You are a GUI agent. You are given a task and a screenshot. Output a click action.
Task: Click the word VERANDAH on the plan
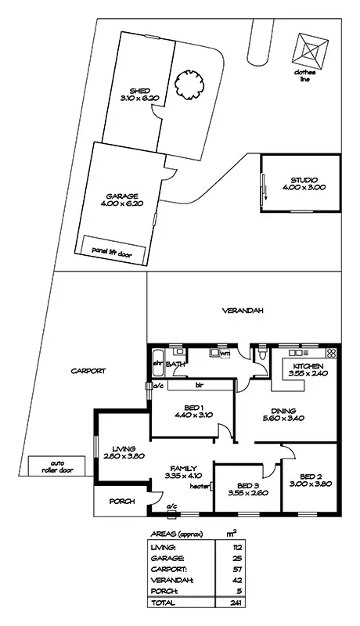click(242, 311)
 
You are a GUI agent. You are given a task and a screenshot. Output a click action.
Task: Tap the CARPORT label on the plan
click(87, 372)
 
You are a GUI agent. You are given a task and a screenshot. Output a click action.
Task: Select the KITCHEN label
click(308, 366)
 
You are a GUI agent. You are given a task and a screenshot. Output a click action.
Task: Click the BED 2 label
click(311, 475)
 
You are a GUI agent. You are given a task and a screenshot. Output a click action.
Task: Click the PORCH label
click(123, 502)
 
